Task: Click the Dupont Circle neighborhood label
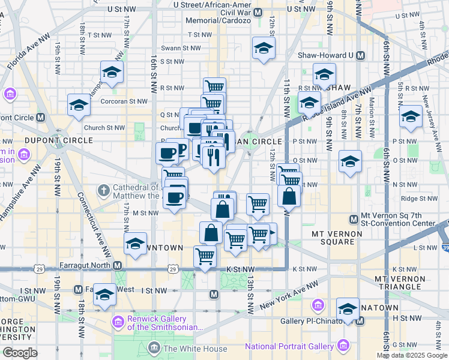(59, 140)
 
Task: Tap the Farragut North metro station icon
(118, 265)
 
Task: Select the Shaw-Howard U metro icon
(360, 56)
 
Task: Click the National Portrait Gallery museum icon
(343, 346)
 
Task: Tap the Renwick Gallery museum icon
(118, 323)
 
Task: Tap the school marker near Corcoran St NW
(79, 106)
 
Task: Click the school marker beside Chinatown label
(348, 308)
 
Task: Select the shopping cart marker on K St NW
(205, 256)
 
